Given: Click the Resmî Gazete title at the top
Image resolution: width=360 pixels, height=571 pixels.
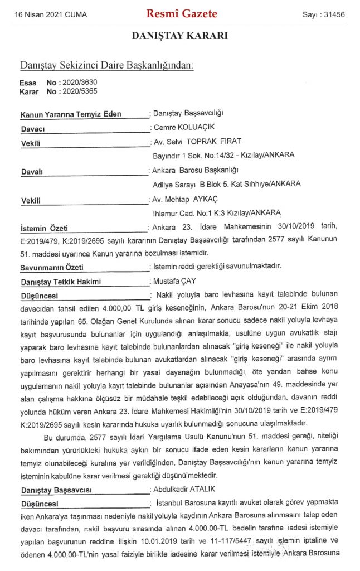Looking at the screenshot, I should [x=181, y=14].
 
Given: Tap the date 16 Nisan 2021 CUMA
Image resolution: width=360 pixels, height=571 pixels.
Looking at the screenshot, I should [x=50, y=15].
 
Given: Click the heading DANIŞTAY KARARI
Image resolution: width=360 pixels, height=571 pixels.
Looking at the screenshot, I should [x=179, y=36].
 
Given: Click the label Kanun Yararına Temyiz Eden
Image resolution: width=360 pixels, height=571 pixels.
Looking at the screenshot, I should [x=71, y=114].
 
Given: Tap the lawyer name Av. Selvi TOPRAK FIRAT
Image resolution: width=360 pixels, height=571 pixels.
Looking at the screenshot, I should [x=197, y=141].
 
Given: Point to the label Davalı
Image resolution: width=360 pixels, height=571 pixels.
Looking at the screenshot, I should [x=32, y=170].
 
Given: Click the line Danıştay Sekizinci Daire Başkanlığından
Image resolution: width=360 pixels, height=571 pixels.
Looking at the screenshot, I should [x=106, y=65].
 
